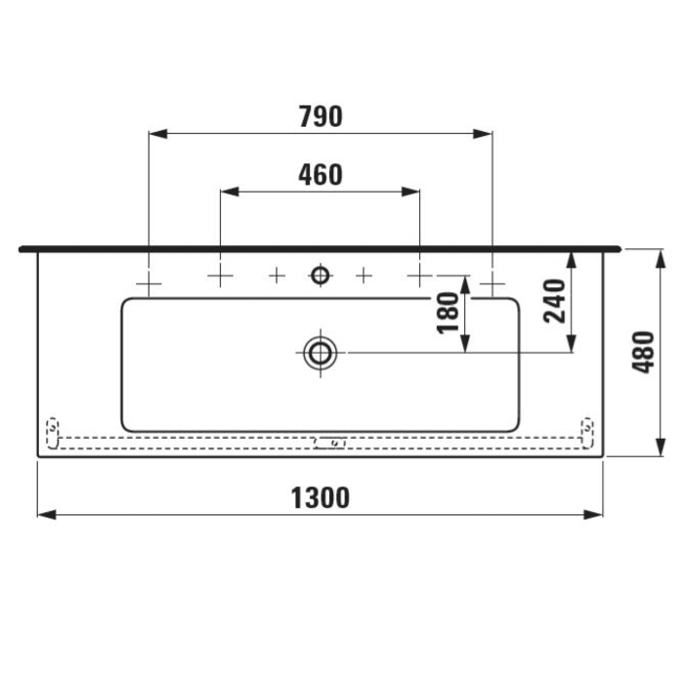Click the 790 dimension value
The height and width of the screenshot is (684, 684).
point(321,116)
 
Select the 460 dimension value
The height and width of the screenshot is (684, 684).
point(321,175)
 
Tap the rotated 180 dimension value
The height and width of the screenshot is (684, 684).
point(449,313)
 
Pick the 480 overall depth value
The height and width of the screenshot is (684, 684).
point(642,353)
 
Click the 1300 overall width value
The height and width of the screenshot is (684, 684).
point(321,498)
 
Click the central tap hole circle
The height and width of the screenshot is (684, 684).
point(320,276)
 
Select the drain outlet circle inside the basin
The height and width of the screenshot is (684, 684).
point(320,352)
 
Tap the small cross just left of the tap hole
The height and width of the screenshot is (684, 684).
point(277,276)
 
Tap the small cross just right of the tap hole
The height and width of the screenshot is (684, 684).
point(363,276)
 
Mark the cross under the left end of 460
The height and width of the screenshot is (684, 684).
point(220,277)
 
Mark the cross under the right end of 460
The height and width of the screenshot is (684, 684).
point(419,277)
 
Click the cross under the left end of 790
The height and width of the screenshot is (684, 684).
point(148,282)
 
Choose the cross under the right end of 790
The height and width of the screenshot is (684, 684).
point(492,282)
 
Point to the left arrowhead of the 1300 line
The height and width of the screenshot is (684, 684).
point(44,515)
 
